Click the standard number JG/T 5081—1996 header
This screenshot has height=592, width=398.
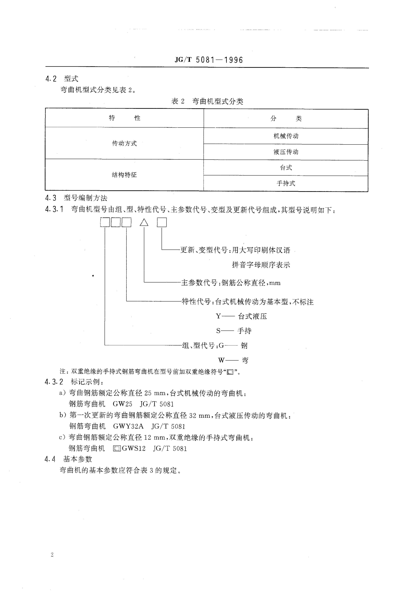coord(209,60)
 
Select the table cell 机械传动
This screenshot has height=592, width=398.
coord(286,136)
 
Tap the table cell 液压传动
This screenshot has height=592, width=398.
coord(286,152)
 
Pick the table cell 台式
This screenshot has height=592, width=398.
coord(286,168)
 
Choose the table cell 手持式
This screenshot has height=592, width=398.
coord(286,183)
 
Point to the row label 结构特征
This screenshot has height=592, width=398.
coord(124,175)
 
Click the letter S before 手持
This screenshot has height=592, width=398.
coord(218,331)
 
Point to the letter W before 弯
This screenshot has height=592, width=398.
coord(221,360)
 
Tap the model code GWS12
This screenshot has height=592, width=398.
coord(134,448)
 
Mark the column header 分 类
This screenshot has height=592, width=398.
coord(286,118)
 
